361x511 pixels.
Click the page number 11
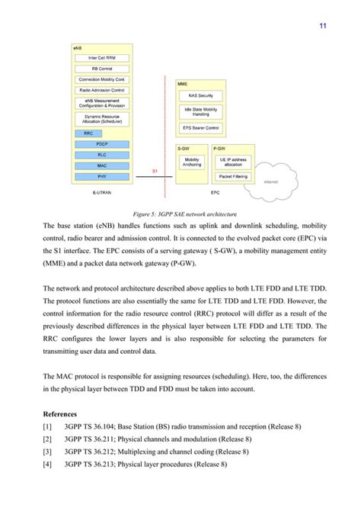[323, 26]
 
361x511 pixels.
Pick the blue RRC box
[89, 133]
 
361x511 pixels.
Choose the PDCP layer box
[102, 143]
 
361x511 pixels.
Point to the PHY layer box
[102, 175]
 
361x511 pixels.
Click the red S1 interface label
[155, 171]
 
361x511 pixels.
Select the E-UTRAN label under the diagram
[101, 194]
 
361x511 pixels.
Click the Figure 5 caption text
[180, 214]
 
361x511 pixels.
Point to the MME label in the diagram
[183, 83]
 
